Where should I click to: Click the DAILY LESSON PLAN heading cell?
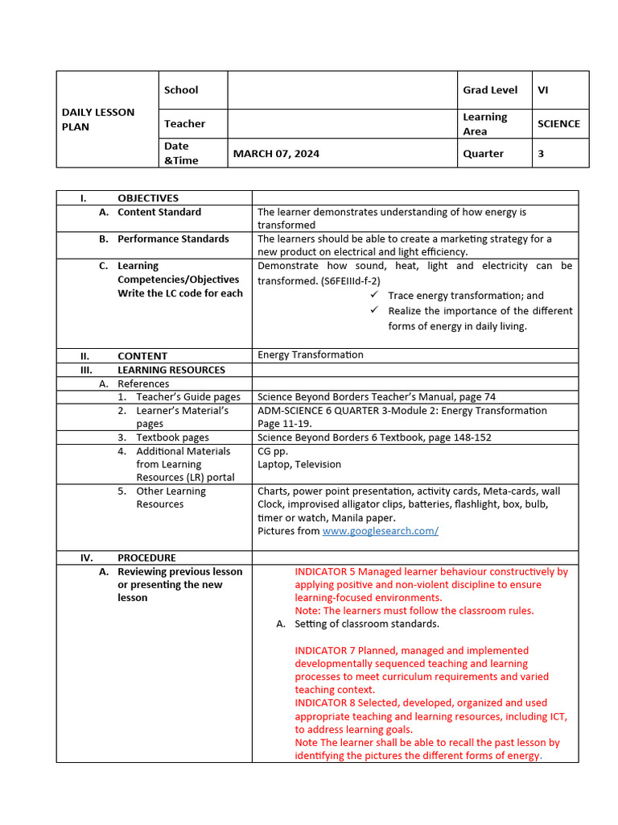pos(98,119)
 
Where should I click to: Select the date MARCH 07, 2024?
pos(276,154)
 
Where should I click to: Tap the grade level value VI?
pos(543,90)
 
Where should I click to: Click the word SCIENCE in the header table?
pos(558,124)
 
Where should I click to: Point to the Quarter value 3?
pos(541,154)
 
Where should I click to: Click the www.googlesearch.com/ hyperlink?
pos(380,531)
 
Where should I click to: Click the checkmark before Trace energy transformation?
pos(374,296)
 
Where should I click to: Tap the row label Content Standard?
pos(159,212)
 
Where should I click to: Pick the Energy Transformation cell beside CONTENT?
pos(310,354)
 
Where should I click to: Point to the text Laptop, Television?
pos(299,464)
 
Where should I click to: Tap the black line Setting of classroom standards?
pos(367,624)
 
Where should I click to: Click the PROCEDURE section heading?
pos(146,558)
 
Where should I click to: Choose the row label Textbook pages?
pos(172,437)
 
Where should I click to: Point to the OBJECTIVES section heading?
pos(148,198)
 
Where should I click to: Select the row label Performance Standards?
pos(173,238)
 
